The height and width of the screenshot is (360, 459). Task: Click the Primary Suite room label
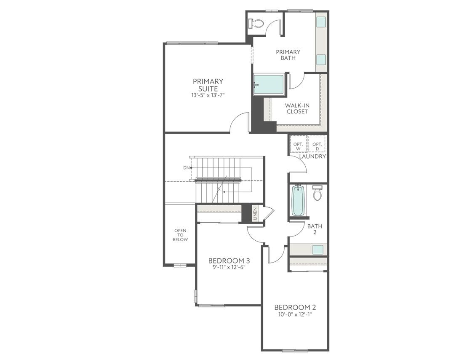(x=208, y=85)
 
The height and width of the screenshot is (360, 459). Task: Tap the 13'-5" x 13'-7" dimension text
(x=208, y=95)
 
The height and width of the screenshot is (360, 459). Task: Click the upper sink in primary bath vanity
(x=321, y=22)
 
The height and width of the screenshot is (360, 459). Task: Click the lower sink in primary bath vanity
(x=321, y=59)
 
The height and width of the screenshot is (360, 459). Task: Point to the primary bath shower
(x=270, y=85)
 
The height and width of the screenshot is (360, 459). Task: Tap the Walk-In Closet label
(x=297, y=108)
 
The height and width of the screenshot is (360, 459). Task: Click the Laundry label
(x=312, y=156)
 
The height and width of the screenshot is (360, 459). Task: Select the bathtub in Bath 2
(x=298, y=201)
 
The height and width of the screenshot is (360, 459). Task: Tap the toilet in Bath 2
(x=318, y=193)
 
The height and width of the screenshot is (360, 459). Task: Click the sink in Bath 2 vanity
(x=318, y=250)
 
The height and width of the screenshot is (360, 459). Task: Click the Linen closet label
(x=255, y=214)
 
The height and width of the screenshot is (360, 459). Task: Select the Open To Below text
(x=180, y=235)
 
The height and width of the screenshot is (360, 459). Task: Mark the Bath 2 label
(x=315, y=229)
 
